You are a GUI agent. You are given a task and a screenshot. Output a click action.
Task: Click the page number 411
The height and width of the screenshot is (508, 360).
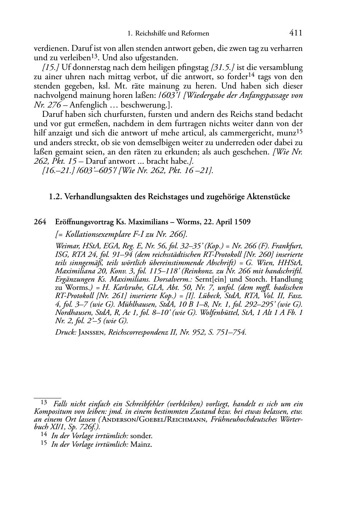295,33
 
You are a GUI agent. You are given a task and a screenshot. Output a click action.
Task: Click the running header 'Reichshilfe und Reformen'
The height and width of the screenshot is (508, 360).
172,34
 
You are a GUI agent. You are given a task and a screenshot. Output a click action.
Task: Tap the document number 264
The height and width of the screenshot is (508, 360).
40,222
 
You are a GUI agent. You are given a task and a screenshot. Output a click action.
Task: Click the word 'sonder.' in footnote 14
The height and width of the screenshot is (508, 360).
141,436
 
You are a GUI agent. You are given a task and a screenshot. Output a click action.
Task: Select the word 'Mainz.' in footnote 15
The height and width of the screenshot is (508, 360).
141,445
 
